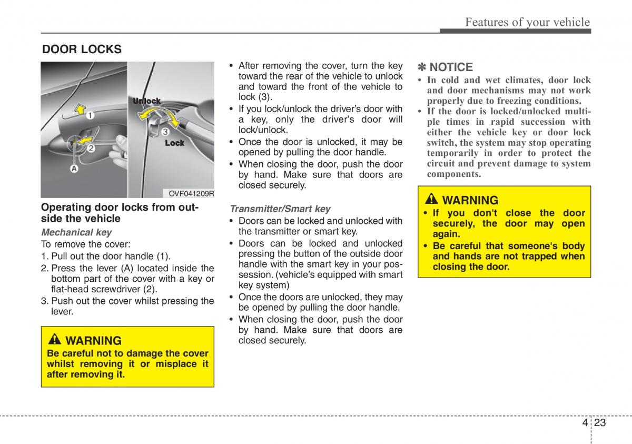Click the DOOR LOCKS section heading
coord(82,50)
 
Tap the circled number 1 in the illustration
coord(90,115)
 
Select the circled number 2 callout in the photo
coord(91,148)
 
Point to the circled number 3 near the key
coord(165,132)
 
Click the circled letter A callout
coord(74,169)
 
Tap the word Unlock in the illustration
coord(146,101)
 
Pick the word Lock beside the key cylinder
coord(175,143)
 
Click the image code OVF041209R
coord(191,193)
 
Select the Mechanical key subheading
coord(76,232)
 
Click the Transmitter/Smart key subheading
coord(280,209)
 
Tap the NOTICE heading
coord(451,67)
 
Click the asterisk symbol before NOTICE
coord(422,67)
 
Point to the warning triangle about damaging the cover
coord(54,339)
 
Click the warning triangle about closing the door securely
coord(431,199)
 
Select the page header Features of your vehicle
coord(527,22)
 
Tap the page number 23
coord(600,422)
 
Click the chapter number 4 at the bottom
coord(585,422)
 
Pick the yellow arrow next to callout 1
coord(81,109)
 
